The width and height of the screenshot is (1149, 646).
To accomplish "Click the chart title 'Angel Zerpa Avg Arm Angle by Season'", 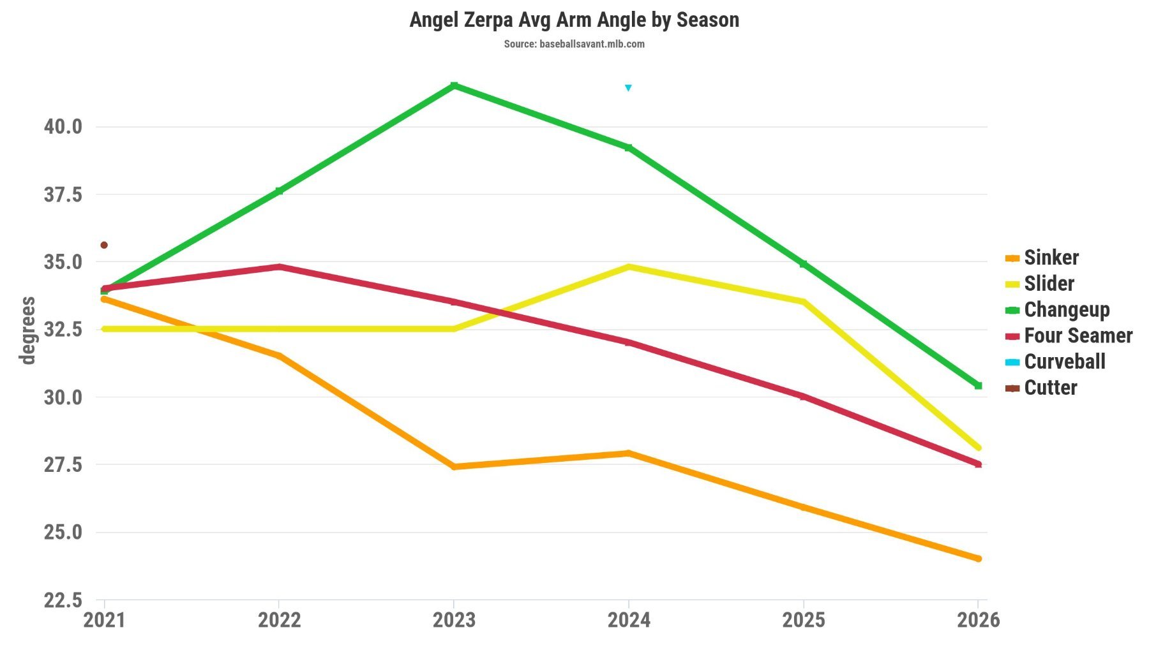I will click(x=574, y=20).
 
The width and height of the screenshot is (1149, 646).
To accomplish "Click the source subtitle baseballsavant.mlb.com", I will click(x=574, y=44).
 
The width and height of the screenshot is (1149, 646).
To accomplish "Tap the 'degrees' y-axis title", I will click(x=27, y=330).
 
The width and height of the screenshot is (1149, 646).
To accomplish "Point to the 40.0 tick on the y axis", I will click(x=63, y=127).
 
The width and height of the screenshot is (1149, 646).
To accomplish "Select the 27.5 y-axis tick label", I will click(x=63, y=465).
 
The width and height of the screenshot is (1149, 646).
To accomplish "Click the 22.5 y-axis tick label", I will click(x=63, y=600).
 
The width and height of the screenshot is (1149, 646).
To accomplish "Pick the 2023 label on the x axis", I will click(x=454, y=620).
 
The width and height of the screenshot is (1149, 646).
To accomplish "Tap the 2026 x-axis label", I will click(x=978, y=620).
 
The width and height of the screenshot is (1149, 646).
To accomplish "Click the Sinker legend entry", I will click(x=1051, y=258).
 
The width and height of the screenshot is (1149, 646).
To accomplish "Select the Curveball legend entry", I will click(x=1064, y=362).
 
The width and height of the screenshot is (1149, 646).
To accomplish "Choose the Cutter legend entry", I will click(x=1050, y=388).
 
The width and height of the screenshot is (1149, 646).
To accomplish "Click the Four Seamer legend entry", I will click(x=1078, y=335).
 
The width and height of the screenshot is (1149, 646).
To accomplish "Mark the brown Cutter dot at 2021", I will click(x=104, y=245).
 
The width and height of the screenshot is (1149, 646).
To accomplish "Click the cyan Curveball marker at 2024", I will click(x=628, y=88).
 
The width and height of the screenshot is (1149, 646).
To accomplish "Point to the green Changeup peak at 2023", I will click(x=454, y=85).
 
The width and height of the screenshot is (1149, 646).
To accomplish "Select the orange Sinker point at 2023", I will click(x=454, y=467).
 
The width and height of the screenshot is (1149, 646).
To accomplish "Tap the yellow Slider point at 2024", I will click(x=629, y=267).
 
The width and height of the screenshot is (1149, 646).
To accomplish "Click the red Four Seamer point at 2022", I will click(x=279, y=267).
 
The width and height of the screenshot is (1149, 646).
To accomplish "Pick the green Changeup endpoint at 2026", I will click(x=978, y=386).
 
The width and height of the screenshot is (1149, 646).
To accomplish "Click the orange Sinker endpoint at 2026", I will click(x=978, y=559).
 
